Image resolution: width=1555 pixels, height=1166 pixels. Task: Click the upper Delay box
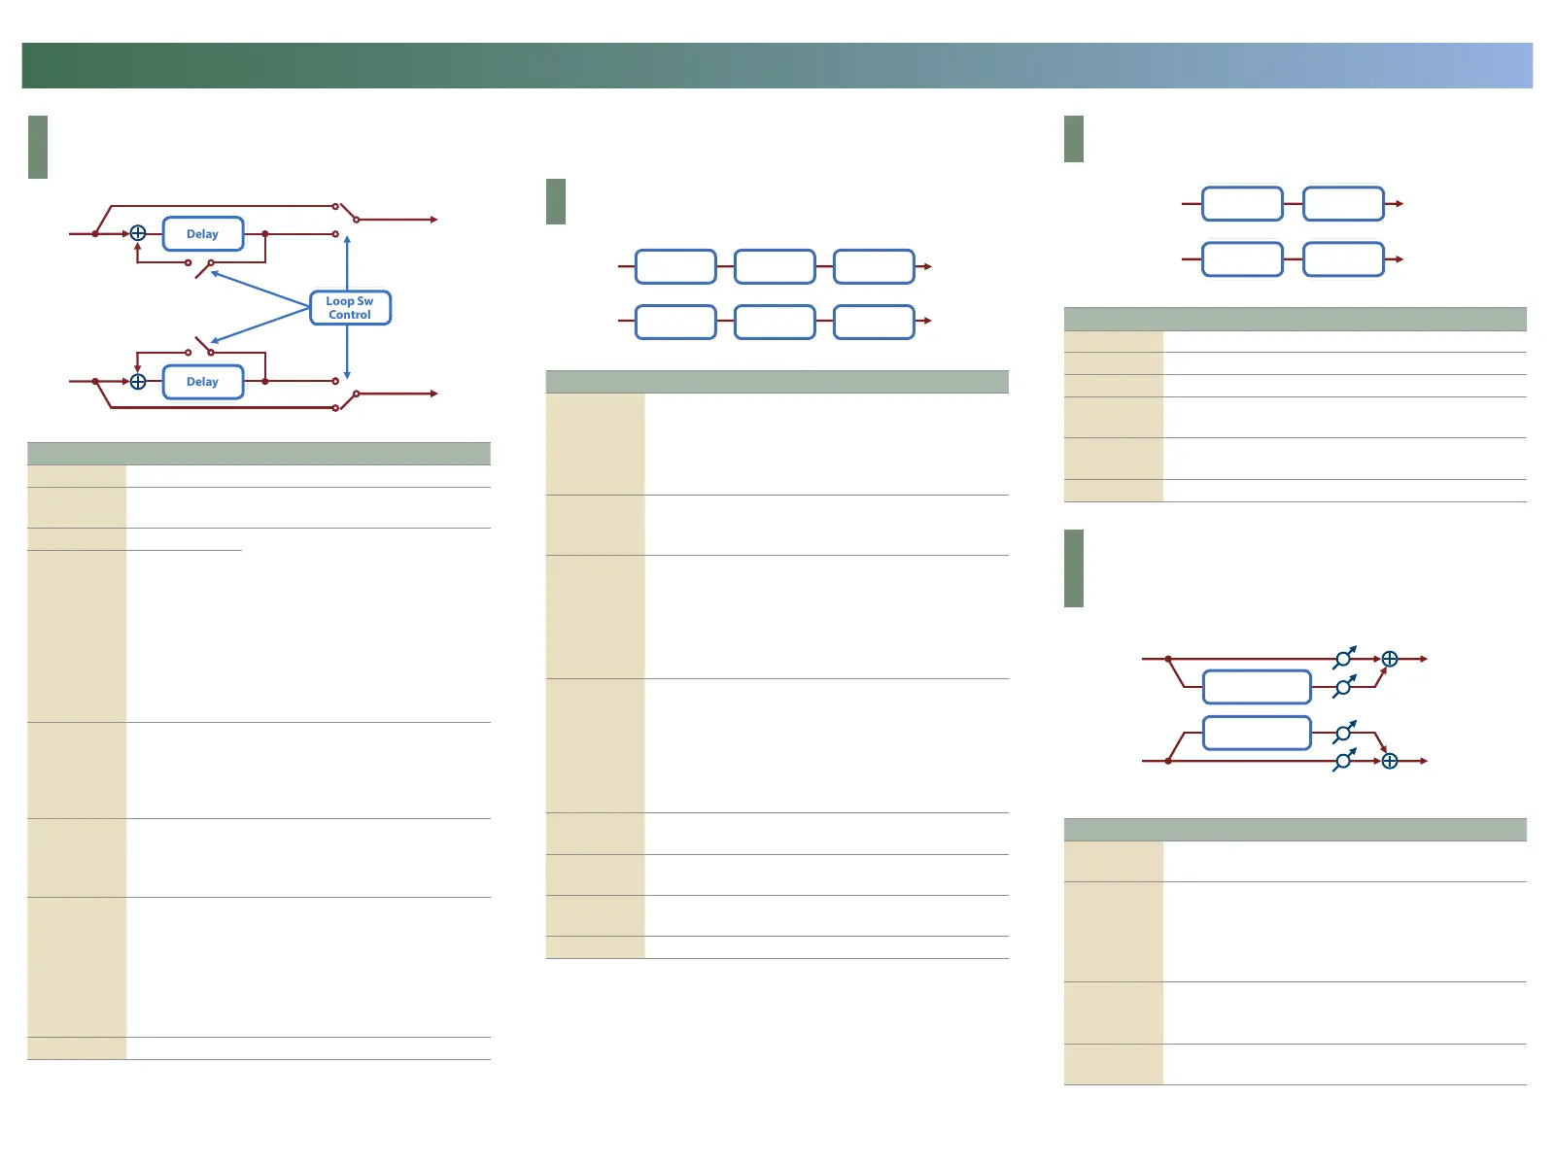pyautogui.click(x=202, y=234)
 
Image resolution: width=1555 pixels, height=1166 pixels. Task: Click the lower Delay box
pyautogui.click(x=202, y=382)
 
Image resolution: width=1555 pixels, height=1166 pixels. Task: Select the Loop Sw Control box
pyautogui.click(x=350, y=308)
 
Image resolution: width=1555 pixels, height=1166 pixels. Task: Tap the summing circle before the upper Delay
pyautogui.click(x=138, y=233)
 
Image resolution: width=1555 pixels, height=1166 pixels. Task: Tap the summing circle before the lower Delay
pyautogui.click(x=138, y=382)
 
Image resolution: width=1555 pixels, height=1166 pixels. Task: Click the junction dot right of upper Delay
pyautogui.click(x=265, y=234)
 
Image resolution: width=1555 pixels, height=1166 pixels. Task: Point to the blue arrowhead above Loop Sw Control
pyautogui.click(x=347, y=239)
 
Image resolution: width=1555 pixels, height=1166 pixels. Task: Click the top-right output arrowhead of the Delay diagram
pyautogui.click(x=433, y=220)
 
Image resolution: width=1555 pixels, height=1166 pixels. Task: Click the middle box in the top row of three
pyautogui.click(x=775, y=266)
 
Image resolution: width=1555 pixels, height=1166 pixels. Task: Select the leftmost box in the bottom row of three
pyautogui.click(x=675, y=322)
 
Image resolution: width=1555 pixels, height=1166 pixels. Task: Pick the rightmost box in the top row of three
pyautogui.click(x=874, y=266)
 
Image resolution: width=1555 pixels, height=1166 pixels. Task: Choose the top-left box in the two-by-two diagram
pyautogui.click(x=1242, y=204)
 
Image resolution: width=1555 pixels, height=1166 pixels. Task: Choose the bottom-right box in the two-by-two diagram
pyautogui.click(x=1343, y=259)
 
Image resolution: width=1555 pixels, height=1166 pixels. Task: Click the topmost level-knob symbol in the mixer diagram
pyautogui.click(x=1343, y=659)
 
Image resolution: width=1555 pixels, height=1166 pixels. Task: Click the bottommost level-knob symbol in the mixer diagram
pyautogui.click(x=1343, y=762)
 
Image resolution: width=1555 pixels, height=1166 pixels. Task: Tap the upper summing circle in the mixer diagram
pyautogui.click(x=1390, y=659)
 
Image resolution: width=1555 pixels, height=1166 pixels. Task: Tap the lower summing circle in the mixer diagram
pyautogui.click(x=1390, y=761)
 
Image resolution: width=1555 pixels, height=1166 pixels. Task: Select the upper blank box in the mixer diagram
pyautogui.click(x=1257, y=687)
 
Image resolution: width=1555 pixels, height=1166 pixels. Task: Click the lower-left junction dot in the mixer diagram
pyautogui.click(x=1168, y=761)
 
